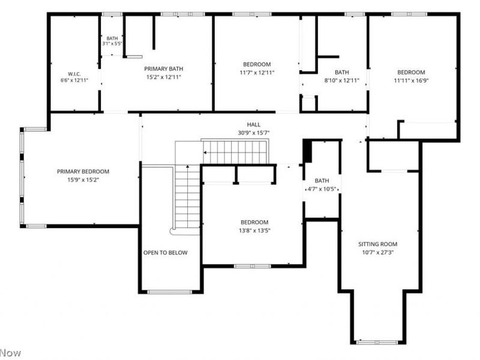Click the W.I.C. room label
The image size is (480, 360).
click(74, 74)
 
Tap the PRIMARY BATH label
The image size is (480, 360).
click(164, 68)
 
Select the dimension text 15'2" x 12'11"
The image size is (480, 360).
click(164, 77)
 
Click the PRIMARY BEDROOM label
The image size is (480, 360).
click(83, 172)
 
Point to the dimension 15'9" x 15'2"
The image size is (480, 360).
click(83, 180)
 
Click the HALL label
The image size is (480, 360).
click(254, 125)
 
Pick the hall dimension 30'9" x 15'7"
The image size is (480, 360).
click(254, 133)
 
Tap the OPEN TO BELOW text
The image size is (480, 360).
click(166, 253)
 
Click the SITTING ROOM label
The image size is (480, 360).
click(378, 244)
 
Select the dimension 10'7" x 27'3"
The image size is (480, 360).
click(378, 253)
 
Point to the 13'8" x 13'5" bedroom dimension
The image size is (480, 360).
click(254, 231)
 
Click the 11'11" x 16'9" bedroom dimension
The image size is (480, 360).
click(411, 81)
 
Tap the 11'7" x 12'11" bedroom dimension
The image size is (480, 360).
click(257, 73)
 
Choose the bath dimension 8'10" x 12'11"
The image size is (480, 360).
click(341, 81)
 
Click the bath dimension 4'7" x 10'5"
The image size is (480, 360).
click(322, 189)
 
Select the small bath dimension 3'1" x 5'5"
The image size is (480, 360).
click(112, 43)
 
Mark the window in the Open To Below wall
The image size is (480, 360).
click(170, 292)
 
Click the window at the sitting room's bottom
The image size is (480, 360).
click(378, 342)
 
